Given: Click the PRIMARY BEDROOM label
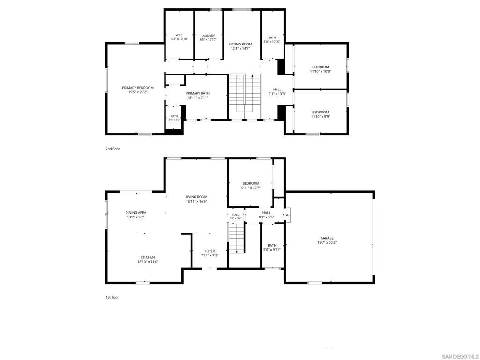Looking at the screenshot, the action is click(x=138, y=88).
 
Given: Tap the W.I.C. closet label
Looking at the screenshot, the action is click(x=179, y=35).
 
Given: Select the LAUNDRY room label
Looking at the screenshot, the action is click(x=208, y=36).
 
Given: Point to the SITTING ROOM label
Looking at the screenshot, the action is click(x=240, y=45).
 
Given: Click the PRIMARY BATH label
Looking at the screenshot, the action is click(x=198, y=93).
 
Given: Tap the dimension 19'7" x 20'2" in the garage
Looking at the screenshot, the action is click(x=327, y=242).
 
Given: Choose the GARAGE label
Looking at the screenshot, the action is click(x=327, y=238).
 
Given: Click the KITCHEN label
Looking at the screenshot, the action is click(x=148, y=257).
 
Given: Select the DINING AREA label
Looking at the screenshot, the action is click(x=135, y=213).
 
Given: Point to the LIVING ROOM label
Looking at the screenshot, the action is click(x=196, y=197).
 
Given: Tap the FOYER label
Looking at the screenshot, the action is click(x=210, y=251).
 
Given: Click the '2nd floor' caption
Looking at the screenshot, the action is click(x=112, y=149).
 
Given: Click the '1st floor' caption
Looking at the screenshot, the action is click(x=112, y=297).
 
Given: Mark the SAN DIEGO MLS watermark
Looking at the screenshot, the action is click(x=459, y=356).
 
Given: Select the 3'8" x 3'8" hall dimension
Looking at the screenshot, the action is click(x=236, y=218).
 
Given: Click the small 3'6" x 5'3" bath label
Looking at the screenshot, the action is click(x=174, y=120).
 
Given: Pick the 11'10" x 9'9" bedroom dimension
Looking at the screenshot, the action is click(x=321, y=116).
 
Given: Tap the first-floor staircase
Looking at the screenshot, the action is click(x=237, y=238).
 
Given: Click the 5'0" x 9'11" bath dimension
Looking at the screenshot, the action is click(x=272, y=249).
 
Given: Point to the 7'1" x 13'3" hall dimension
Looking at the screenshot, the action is click(x=277, y=94).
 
